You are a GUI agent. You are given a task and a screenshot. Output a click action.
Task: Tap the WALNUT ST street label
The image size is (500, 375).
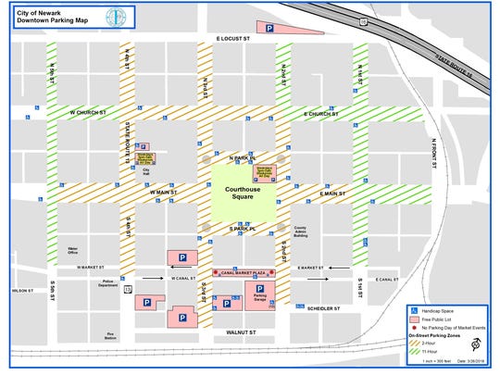point(239,331)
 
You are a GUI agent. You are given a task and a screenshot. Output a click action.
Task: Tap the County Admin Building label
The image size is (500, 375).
point(300,231)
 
